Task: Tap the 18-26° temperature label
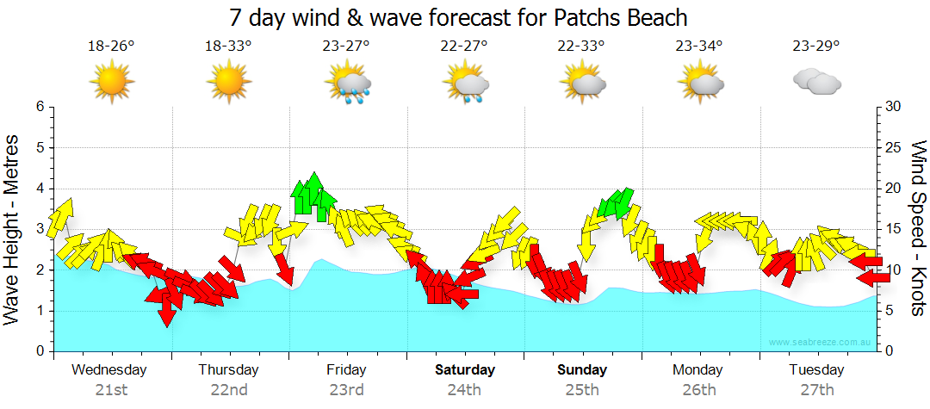tap(111, 46)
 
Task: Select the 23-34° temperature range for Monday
tap(698, 46)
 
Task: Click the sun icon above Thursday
tap(229, 82)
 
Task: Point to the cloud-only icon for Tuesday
tap(816, 82)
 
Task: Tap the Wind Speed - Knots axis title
tap(918, 227)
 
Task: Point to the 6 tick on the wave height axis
tap(40, 107)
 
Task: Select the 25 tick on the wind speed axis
tap(894, 148)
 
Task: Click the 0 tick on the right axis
tap(890, 352)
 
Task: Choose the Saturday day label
tap(464, 370)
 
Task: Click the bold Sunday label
tap(582, 370)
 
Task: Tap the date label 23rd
tap(346, 390)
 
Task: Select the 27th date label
tap(816, 390)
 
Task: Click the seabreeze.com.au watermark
tap(821, 343)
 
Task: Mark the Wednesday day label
tap(109, 370)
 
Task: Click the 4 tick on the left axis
tap(40, 189)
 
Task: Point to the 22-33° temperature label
tap(581, 46)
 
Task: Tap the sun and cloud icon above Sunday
tap(582, 83)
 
